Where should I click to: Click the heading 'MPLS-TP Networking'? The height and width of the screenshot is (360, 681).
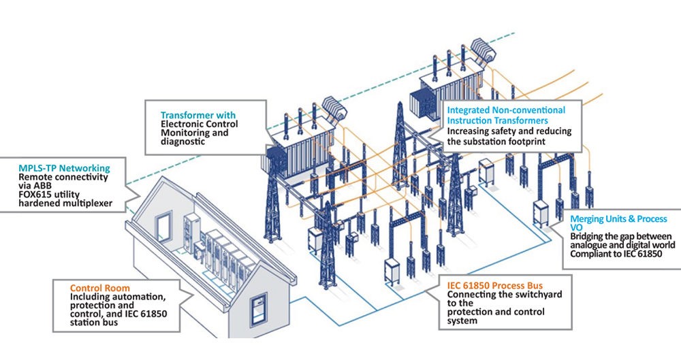(x=64, y=167)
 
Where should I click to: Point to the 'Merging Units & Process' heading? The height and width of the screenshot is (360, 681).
(x=619, y=218)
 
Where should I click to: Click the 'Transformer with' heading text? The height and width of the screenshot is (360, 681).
(x=197, y=115)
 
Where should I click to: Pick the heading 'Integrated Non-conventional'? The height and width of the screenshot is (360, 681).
(x=506, y=110)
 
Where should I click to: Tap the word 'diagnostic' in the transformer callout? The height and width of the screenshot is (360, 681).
(x=183, y=142)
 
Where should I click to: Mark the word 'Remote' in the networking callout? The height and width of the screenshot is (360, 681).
(x=35, y=176)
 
